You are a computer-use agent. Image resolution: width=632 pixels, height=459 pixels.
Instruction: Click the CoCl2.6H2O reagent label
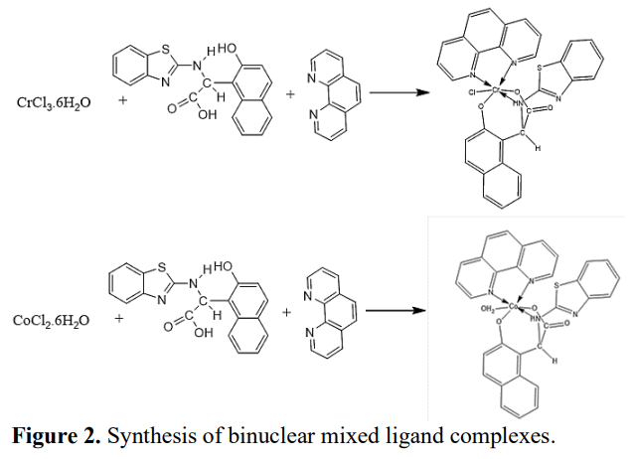[x=52, y=321]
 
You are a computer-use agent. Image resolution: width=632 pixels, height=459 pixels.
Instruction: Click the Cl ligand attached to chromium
[x=470, y=97]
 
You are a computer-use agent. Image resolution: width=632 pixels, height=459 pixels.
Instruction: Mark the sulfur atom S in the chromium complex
[x=539, y=69]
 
